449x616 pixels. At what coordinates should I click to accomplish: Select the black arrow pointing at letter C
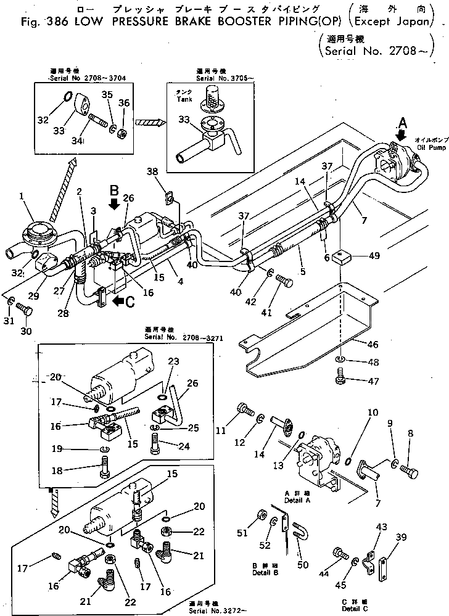pyautogui.click(x=117, y=302)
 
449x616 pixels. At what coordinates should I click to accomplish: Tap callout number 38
pyautogui.click(x=152, y=173)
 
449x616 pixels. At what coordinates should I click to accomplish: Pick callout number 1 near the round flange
pyautogui.click(x=22, y=197)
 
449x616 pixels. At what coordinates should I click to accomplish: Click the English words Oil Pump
pyautogui.click(x=428, y=148)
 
